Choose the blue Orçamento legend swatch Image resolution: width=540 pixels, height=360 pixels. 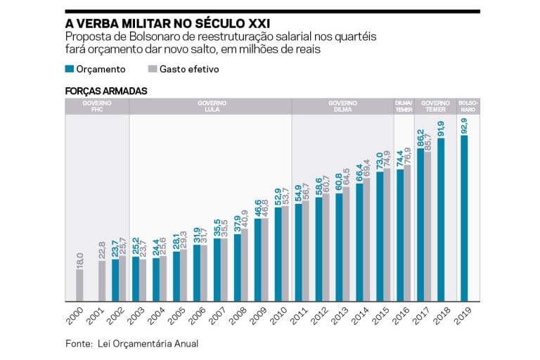coord(69,70)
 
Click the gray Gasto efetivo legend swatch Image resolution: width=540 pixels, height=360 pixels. coord(152,70)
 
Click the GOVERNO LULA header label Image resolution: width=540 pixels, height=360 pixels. coord(210,106)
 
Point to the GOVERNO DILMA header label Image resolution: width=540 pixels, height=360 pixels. coord(342,106)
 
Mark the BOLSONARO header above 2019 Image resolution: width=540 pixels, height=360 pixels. coord(468,106)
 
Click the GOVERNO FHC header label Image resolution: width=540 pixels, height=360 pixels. coord(96,106)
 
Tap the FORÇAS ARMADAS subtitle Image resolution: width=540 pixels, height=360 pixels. coord(106,91)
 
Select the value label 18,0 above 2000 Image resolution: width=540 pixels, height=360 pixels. coord(79,259)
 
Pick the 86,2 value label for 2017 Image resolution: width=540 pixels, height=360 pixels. coord(420,137)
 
